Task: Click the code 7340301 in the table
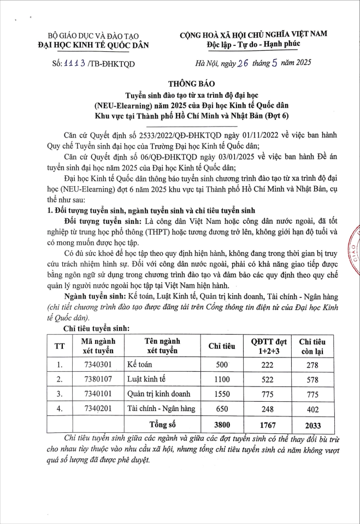pyautogui.click(x=97, y=365)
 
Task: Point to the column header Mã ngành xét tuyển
pyautogui.click(x=97, y=346)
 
